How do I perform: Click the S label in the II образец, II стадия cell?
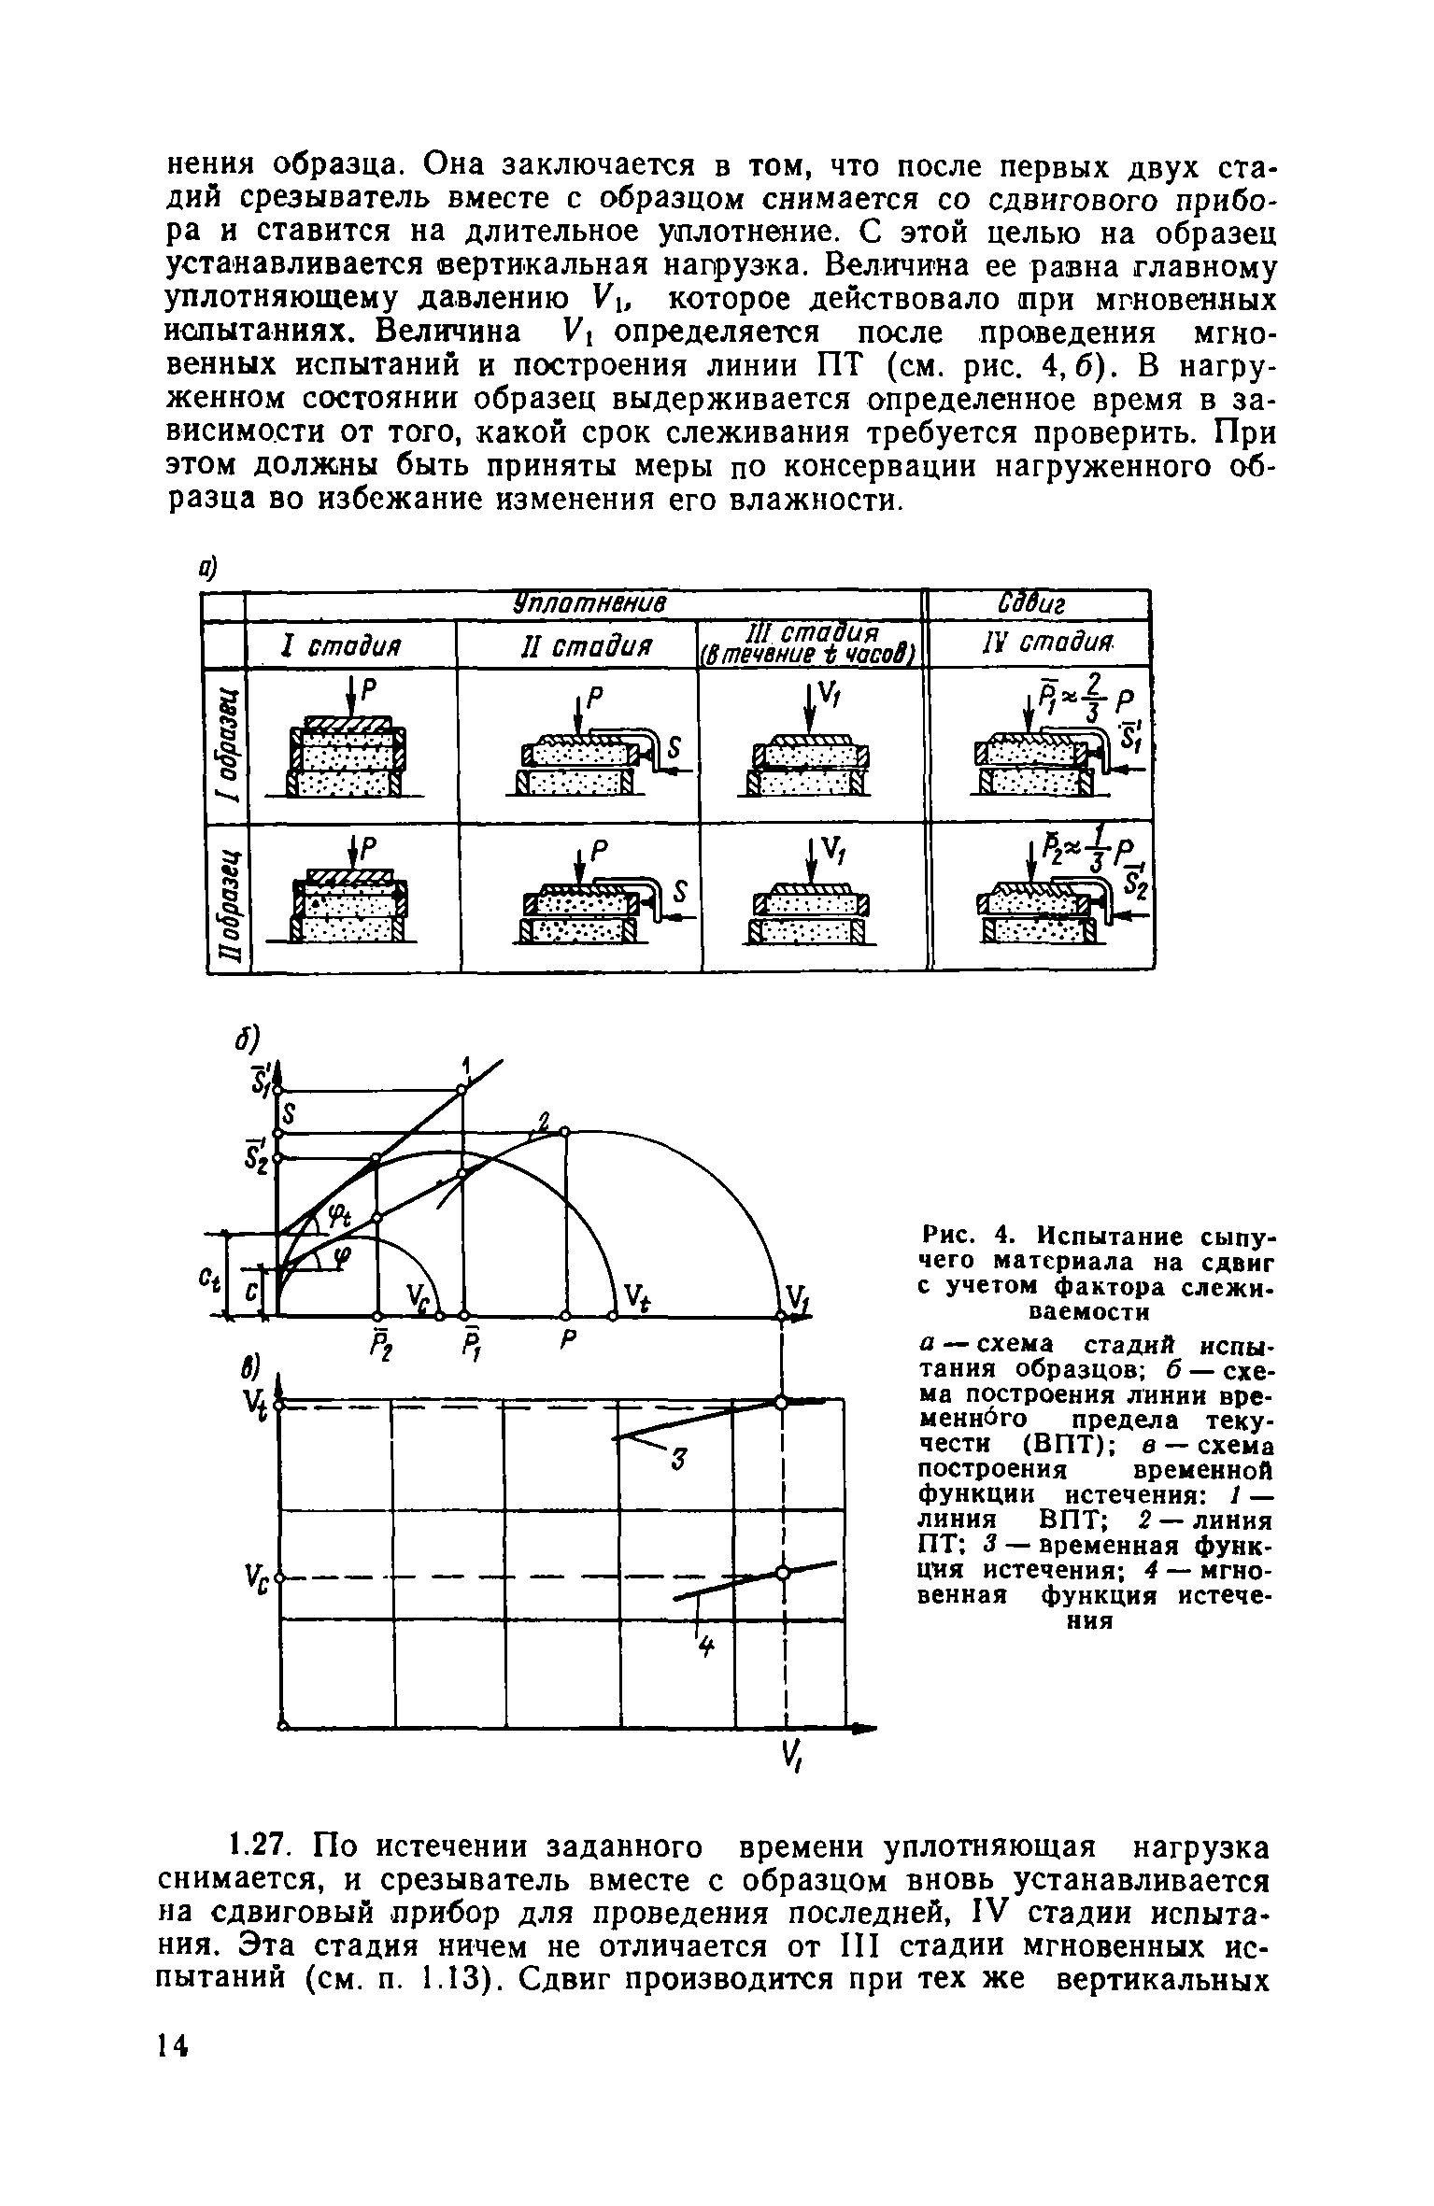point(679,894)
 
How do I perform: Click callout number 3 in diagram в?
point(679,1460)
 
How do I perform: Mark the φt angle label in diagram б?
point(338,1217)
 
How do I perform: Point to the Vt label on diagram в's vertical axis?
point(254,1403)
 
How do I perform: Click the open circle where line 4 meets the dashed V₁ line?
point(782,1573)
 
